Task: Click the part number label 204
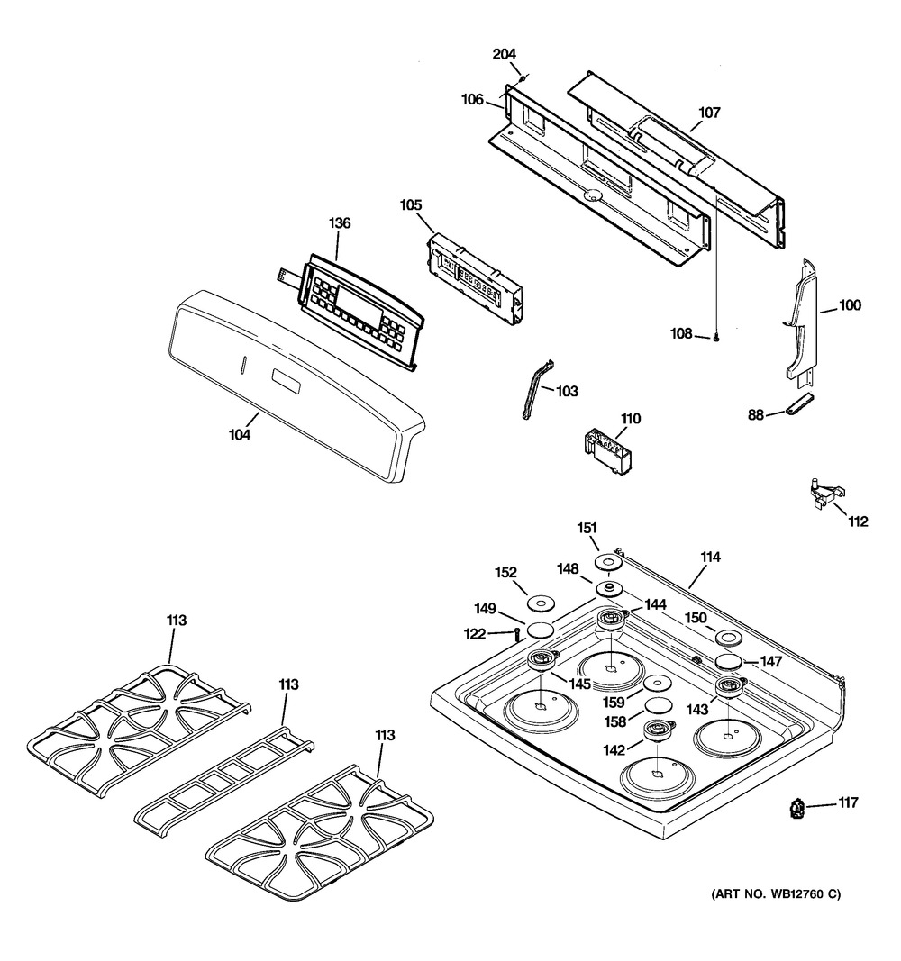[504, 55]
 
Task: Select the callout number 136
[340, 223]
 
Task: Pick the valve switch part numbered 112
[827, 493]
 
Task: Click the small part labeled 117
[797, 810]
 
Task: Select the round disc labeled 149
[541, 630]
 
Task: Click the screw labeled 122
[516, 634]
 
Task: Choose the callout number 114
[710, 558]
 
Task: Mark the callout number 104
[240, 434]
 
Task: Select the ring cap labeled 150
[730, 639]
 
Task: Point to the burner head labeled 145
[543, 660]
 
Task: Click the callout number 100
[850, 305]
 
